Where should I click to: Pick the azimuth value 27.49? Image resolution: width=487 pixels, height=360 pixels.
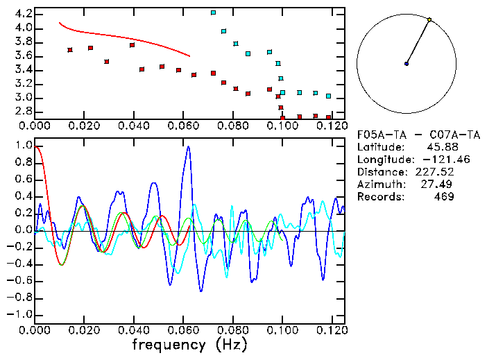[x=440, y=185]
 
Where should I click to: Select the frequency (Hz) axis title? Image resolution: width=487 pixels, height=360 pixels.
[x=189, y=345]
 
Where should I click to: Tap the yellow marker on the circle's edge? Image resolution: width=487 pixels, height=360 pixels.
[x=429, y=20]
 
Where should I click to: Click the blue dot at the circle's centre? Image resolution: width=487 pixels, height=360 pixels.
[x=407, y=64]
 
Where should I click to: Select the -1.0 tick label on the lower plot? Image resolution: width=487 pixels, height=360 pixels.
[x=19, y=314]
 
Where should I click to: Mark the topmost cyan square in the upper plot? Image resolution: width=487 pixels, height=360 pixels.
[x=213, y=12]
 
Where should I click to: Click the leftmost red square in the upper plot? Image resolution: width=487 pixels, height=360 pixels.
[x=70, y=50]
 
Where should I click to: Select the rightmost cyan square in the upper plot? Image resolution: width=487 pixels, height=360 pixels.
[x=329, y=96]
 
